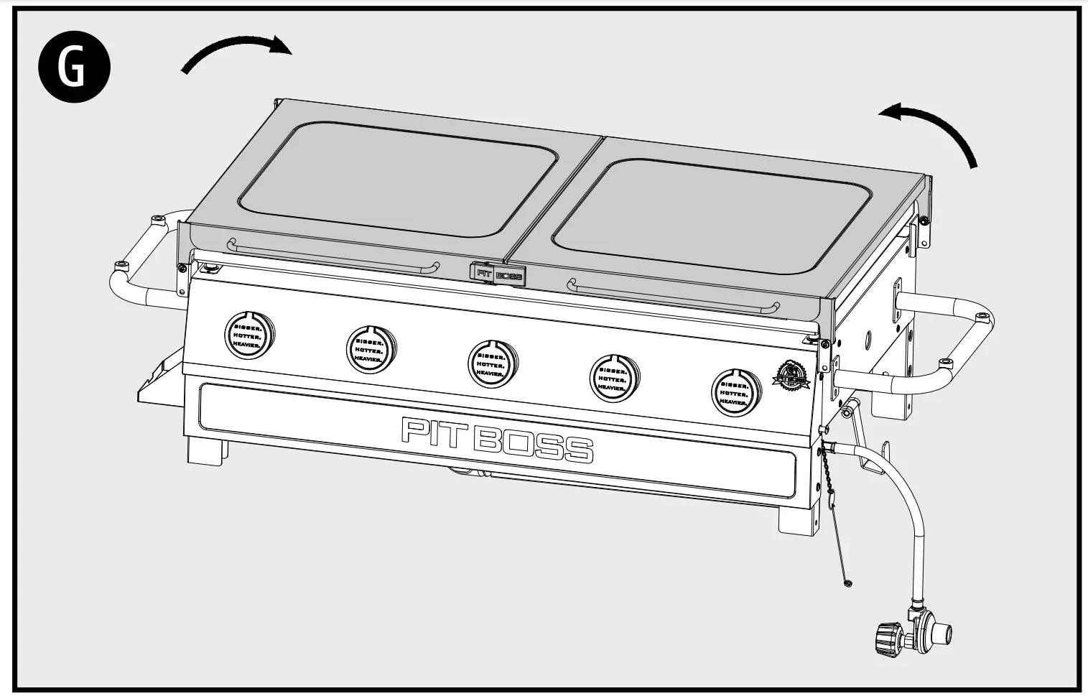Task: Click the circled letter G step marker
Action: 73,70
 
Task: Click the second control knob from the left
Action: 371,349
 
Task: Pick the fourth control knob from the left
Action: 614,377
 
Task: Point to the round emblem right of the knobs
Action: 791,376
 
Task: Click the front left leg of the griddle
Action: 206,450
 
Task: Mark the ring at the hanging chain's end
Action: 849,584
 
